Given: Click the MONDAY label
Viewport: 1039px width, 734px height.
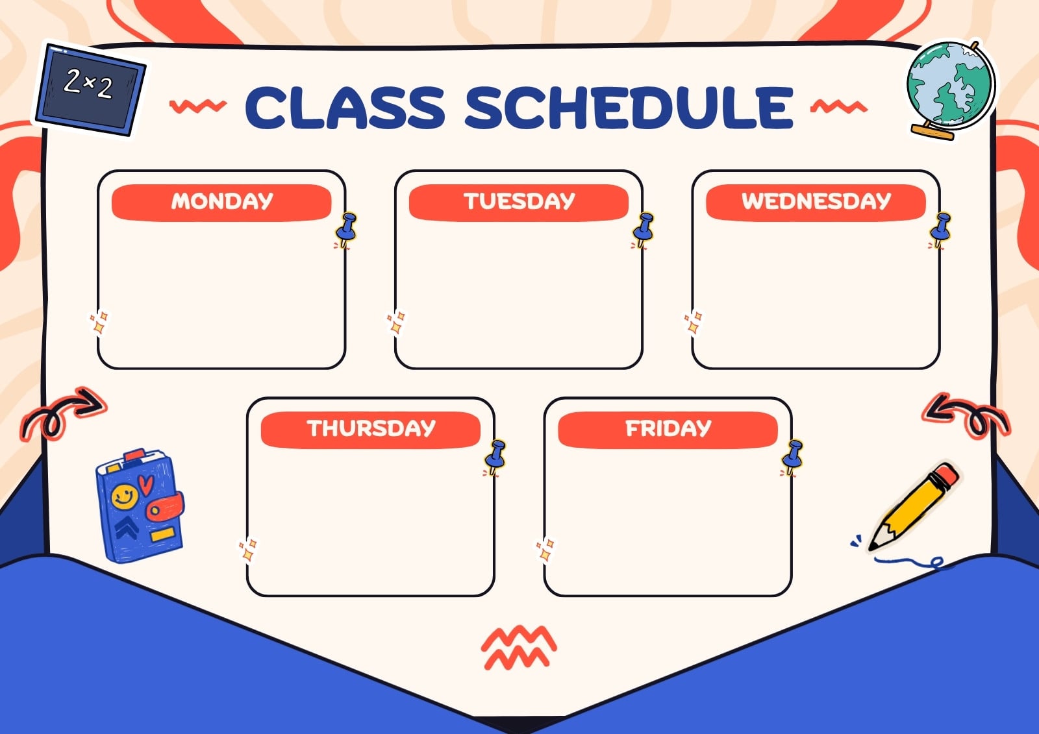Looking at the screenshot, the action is point(221,201).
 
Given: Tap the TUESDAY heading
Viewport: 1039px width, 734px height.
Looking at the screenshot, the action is point(519,201).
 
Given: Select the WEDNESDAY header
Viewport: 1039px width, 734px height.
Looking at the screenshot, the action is point(816,201).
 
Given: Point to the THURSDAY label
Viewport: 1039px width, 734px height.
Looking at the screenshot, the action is point(371,428).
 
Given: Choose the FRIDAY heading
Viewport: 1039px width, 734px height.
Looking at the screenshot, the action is point(668,428).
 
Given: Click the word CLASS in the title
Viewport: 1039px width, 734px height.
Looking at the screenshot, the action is point(345,108).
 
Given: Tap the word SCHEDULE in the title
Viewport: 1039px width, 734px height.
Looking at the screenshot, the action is point(629,108).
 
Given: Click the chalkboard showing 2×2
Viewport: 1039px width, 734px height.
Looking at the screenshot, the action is point(90,89).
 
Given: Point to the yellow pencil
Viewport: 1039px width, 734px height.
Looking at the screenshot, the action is point(913,508).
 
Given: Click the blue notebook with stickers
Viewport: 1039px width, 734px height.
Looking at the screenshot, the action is point(140,506).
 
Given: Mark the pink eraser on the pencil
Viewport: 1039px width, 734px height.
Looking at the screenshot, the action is point(946,475).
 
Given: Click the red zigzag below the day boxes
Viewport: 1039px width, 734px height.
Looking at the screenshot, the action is point(519,648).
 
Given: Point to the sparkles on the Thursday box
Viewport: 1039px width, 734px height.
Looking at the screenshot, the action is point(247,550).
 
